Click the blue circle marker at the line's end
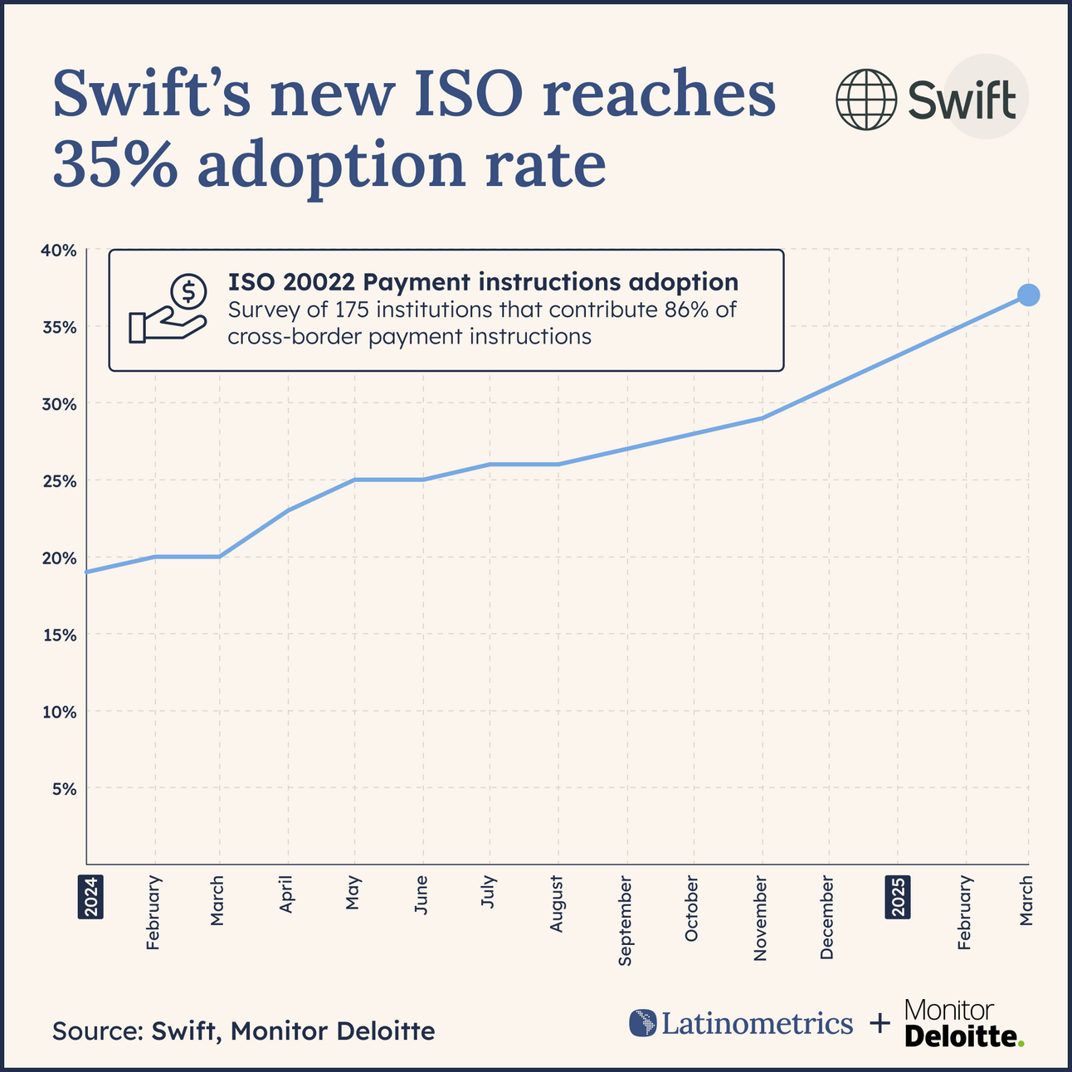coord(1028,295)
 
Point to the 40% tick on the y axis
coord(60,250)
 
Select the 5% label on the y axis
coord(64,788)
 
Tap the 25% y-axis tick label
coord(60,481)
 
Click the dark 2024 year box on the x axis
coord(88,896)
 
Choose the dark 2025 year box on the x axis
coord(898,896)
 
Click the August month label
coord(557,904)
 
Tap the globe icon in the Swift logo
coord(865,100)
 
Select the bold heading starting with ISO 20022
coord(483,281)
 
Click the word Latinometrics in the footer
coord(757,1023)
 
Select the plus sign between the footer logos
coord(879,1025)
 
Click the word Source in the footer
coord(96,1031)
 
